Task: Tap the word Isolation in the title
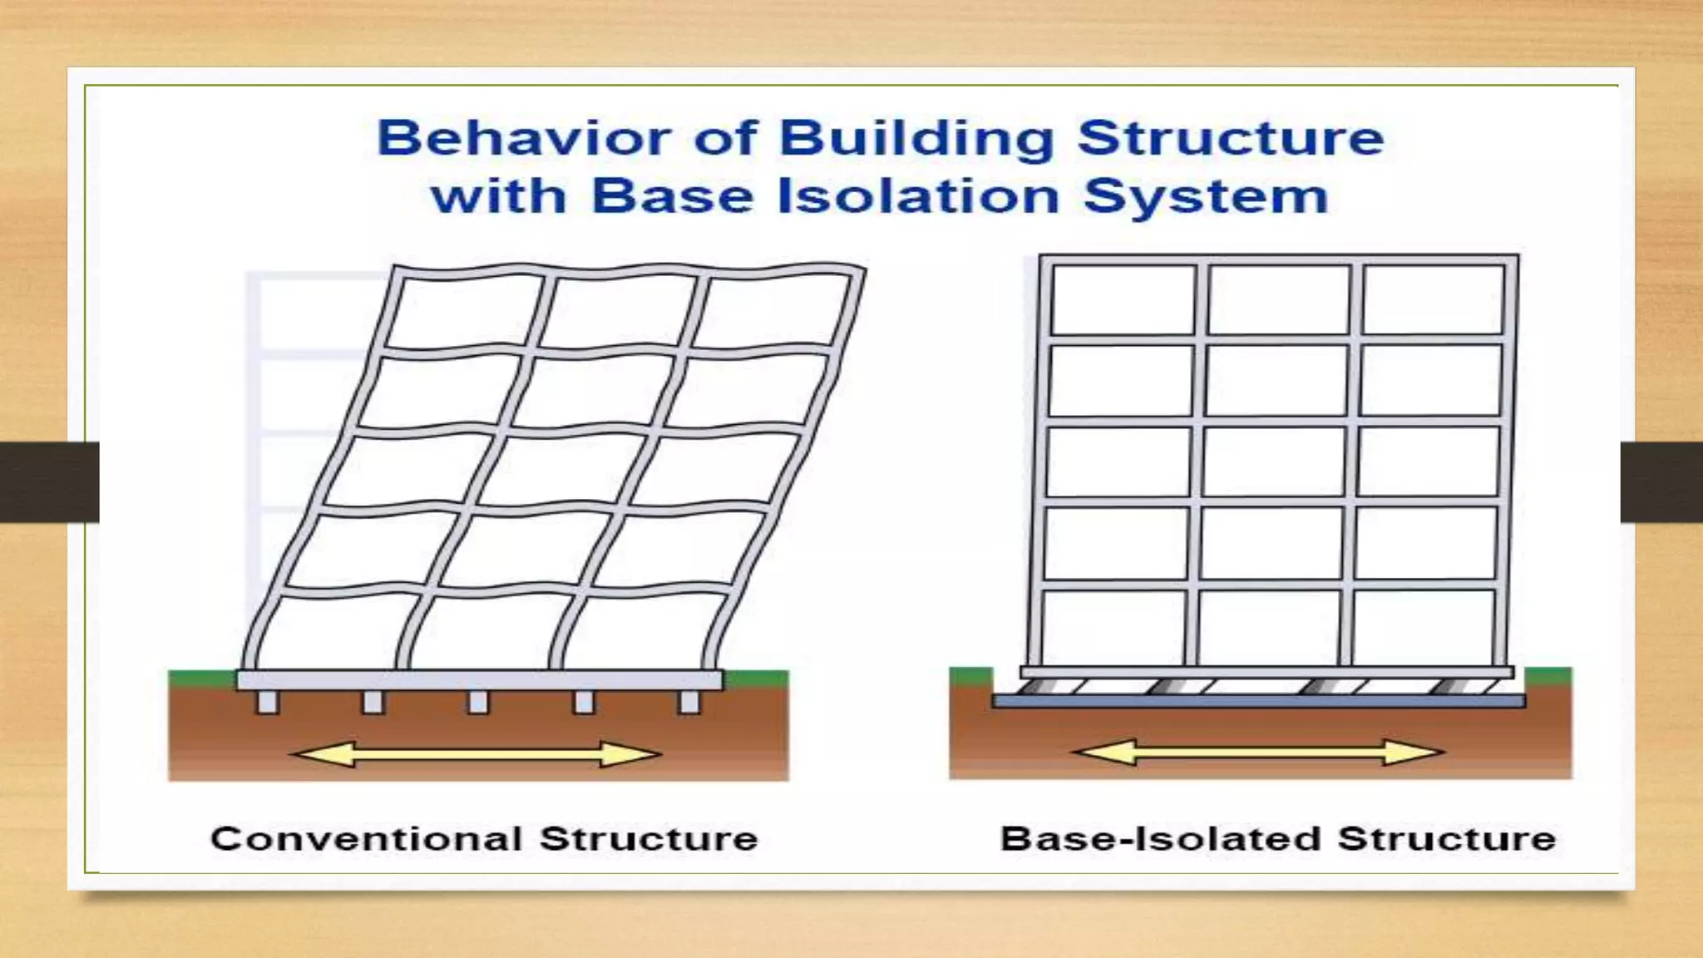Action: pos(918,196)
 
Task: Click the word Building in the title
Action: pos(916,138)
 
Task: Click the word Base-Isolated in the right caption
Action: pos(1160,838)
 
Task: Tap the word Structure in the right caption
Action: pos(1446,838)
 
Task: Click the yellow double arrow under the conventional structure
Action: pos(476,754)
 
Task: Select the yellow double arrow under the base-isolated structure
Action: pos(1258,753)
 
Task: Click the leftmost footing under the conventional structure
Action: pos(268,702)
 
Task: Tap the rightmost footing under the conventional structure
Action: pos(689,702)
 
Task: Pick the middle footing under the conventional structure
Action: pos(478,702)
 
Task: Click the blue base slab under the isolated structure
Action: pos(1258,702)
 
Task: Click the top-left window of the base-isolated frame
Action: pos(1123,299)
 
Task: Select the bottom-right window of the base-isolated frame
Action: pos(1424,625)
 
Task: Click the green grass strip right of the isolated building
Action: pos(1548,674)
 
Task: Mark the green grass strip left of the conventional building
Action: pos(201,679)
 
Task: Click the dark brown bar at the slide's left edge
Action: pos(48,482)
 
